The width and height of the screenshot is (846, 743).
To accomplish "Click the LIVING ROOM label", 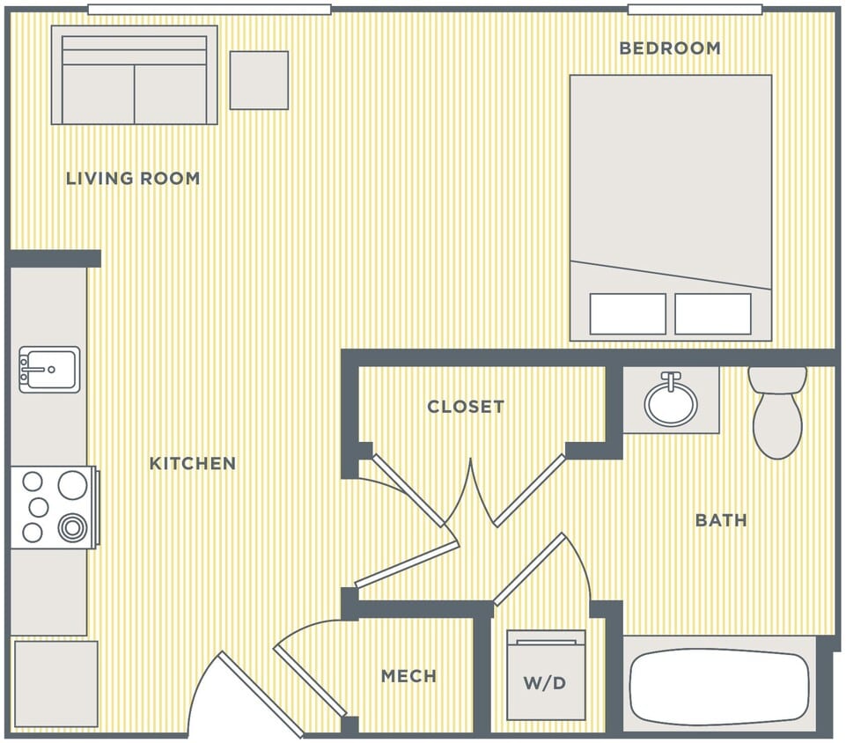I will click(133, 179).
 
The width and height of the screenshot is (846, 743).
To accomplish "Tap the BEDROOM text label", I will click(670, 48).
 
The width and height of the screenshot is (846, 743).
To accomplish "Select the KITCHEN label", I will click(193, 464).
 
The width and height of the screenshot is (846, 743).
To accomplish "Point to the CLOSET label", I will click(466, 407).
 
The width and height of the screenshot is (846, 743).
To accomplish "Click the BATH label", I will click(721, 520).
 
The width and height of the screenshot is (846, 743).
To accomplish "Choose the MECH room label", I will click(408, 676).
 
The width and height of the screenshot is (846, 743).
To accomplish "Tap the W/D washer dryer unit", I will click(546, 675).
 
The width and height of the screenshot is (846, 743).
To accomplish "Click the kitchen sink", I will click(50, 369).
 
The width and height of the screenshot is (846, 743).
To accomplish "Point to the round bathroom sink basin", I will click(671, 401).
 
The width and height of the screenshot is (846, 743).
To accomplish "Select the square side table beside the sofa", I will click(259, 80).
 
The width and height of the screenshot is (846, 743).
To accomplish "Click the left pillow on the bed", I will click(628, 314).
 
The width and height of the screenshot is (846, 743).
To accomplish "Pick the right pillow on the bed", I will click(713, 314).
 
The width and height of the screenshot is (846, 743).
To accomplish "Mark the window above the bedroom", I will click(695, 10).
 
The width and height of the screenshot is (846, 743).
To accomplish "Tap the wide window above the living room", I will click(210, 10).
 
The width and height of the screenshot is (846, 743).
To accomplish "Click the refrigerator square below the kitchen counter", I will click(55, 684).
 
